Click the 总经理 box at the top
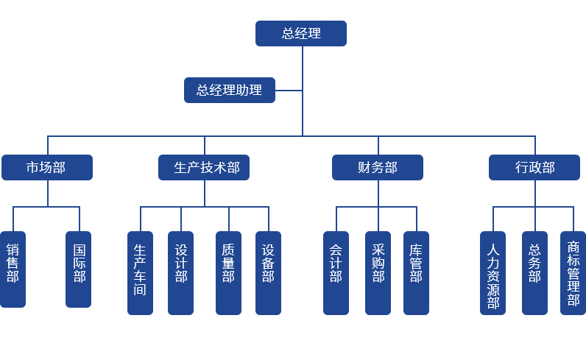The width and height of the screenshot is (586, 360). tap(300, 34)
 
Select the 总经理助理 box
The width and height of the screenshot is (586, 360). tap(229, 91)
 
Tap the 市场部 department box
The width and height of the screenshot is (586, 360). tap(47, 168)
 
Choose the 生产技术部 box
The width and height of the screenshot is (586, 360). tap(204, 168)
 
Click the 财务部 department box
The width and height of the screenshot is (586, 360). tap(377, 168)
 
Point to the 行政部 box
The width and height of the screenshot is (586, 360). tap(534, 168)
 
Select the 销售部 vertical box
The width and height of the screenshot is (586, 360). tap(13, 269)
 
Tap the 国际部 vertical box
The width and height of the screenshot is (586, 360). tap(79, 269)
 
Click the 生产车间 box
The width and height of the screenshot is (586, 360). tap(140, 272)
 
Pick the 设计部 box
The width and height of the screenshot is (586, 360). tap(180, 272)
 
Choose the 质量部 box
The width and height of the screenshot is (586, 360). tap(228, 272)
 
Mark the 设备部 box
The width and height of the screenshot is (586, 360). tap(268, 272)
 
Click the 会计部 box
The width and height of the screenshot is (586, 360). tap(336, 272)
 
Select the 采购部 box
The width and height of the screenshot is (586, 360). tap(378, 272)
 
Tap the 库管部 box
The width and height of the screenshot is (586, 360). tap(416, 272)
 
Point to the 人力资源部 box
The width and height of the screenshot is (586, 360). tap(493, 272)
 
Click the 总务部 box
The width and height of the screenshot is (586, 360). tap(534, 272)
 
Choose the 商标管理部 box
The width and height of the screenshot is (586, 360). tap(573, 272)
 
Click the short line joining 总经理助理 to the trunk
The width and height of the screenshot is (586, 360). tap(289, 91)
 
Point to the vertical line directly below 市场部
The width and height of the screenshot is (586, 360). tap(48, 194)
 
